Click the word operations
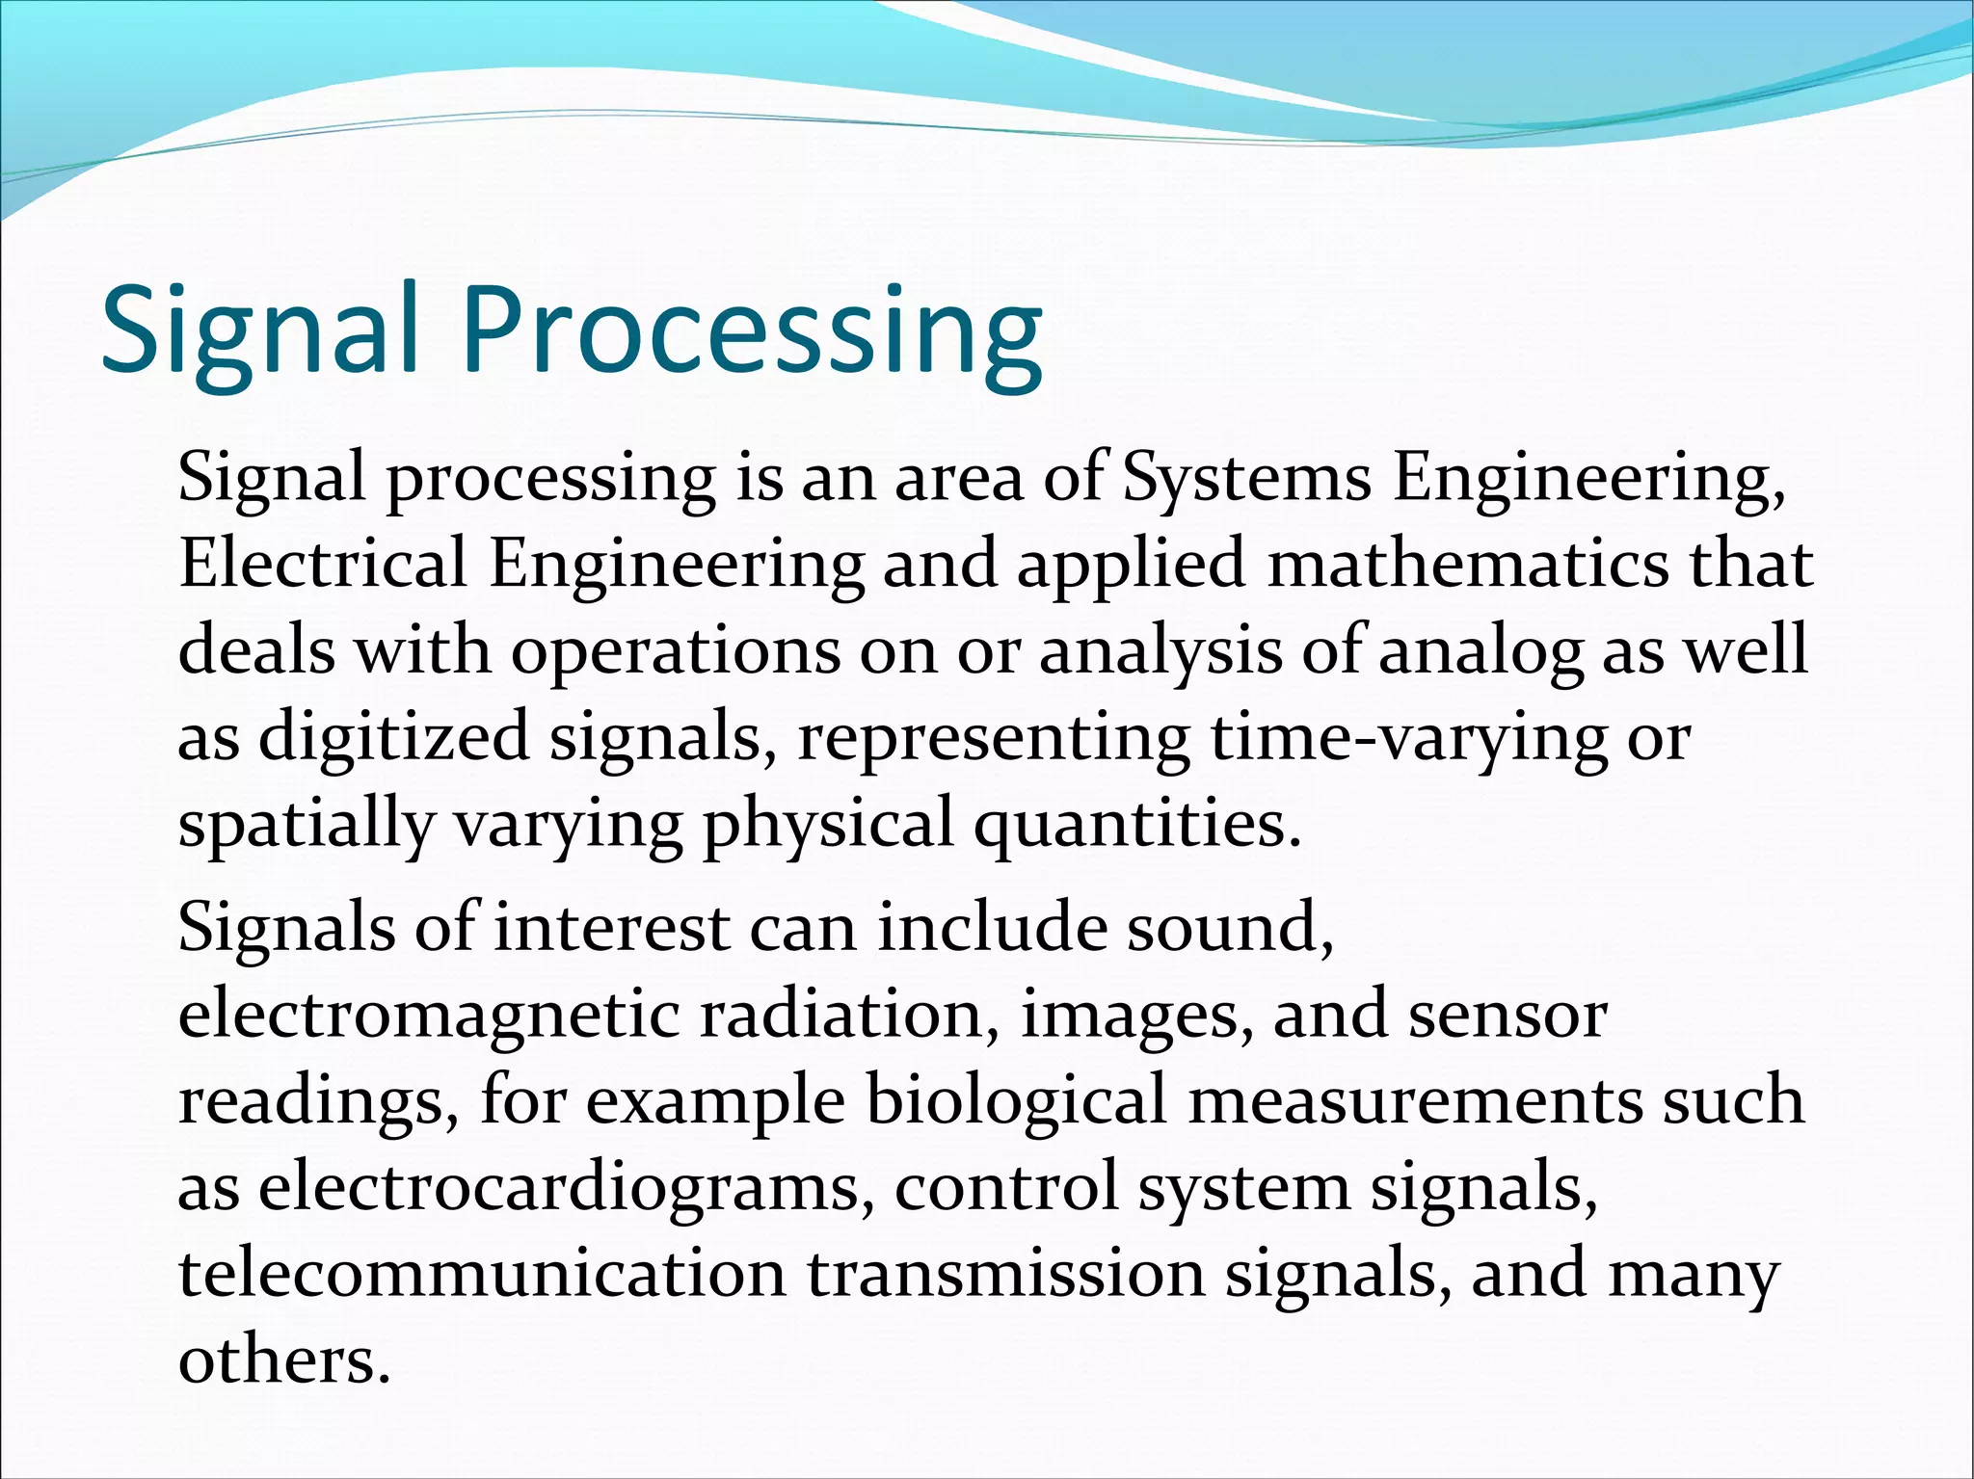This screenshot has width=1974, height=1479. coord(675,652)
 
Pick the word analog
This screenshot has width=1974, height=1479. coord(1480,652)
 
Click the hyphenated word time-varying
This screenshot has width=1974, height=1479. coord(1408,739)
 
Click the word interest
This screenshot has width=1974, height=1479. coord(611,928)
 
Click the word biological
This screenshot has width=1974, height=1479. coord(1016,1101)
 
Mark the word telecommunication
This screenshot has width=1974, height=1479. coord(482,1274)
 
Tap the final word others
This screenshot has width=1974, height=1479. coord(284,1360)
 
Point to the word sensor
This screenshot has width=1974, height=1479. coord(1507,1017)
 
